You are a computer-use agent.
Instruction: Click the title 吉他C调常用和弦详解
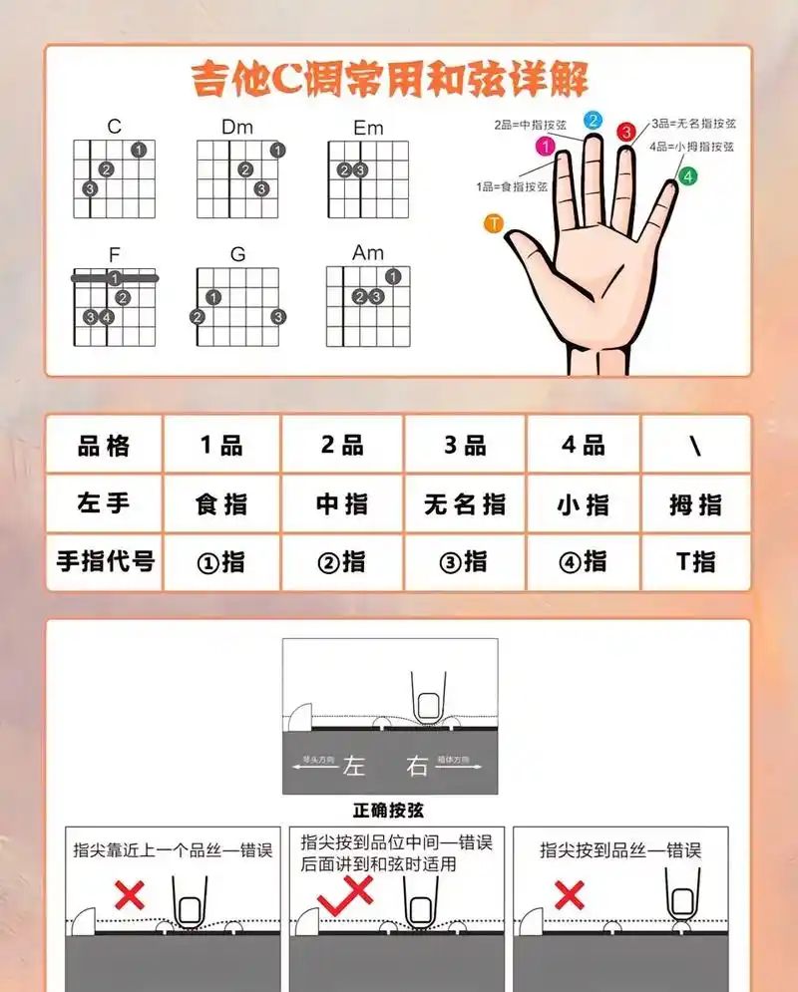(x=389, y=79)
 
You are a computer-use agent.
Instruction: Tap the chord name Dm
(x=237, y=127)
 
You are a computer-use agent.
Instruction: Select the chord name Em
(x=368, y=128)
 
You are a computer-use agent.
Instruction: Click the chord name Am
(x=368, y=253)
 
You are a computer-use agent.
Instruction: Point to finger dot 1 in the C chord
(x=139, y=150)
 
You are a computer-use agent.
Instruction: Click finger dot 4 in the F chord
(x=107, y=318)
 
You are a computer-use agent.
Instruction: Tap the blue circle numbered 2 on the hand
(x=593, y=121)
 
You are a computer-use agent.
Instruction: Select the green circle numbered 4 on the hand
(x=687, y=176)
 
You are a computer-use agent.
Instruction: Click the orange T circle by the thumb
(x=493, y=223)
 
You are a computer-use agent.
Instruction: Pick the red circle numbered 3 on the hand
(x=626, y=132)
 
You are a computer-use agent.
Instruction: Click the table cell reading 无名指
(x=464, y=504)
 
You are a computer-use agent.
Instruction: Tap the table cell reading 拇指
(x=695, y=504)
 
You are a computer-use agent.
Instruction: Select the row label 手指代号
(x=104, y=561)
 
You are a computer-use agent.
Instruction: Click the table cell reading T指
(x=695, y=561)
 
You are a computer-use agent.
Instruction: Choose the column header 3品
(x=464, y=446)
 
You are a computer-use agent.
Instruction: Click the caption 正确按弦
(x=389, y=811)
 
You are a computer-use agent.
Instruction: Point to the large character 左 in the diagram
(x=356, y=766)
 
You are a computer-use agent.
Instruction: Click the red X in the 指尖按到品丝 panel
(x=569, y=894)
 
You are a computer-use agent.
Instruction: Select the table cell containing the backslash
(x=695, y=446)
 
